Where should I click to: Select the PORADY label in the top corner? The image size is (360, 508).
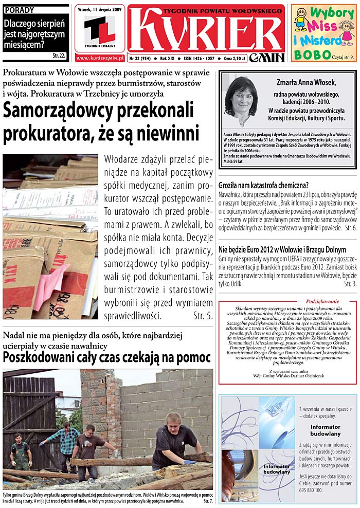click(17, 10)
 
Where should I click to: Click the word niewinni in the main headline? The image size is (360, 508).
click(167, 134)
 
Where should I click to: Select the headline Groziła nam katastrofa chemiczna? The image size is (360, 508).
click(264, 185)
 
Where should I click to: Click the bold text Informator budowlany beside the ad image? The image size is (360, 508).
click(325, 430)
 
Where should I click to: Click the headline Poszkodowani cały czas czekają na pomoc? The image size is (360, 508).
click(107, 357)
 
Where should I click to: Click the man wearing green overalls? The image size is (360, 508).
click(21, 450)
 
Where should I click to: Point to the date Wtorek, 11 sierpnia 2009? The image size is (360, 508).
click(100, 8)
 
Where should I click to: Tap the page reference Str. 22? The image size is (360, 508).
click(59, 55)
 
